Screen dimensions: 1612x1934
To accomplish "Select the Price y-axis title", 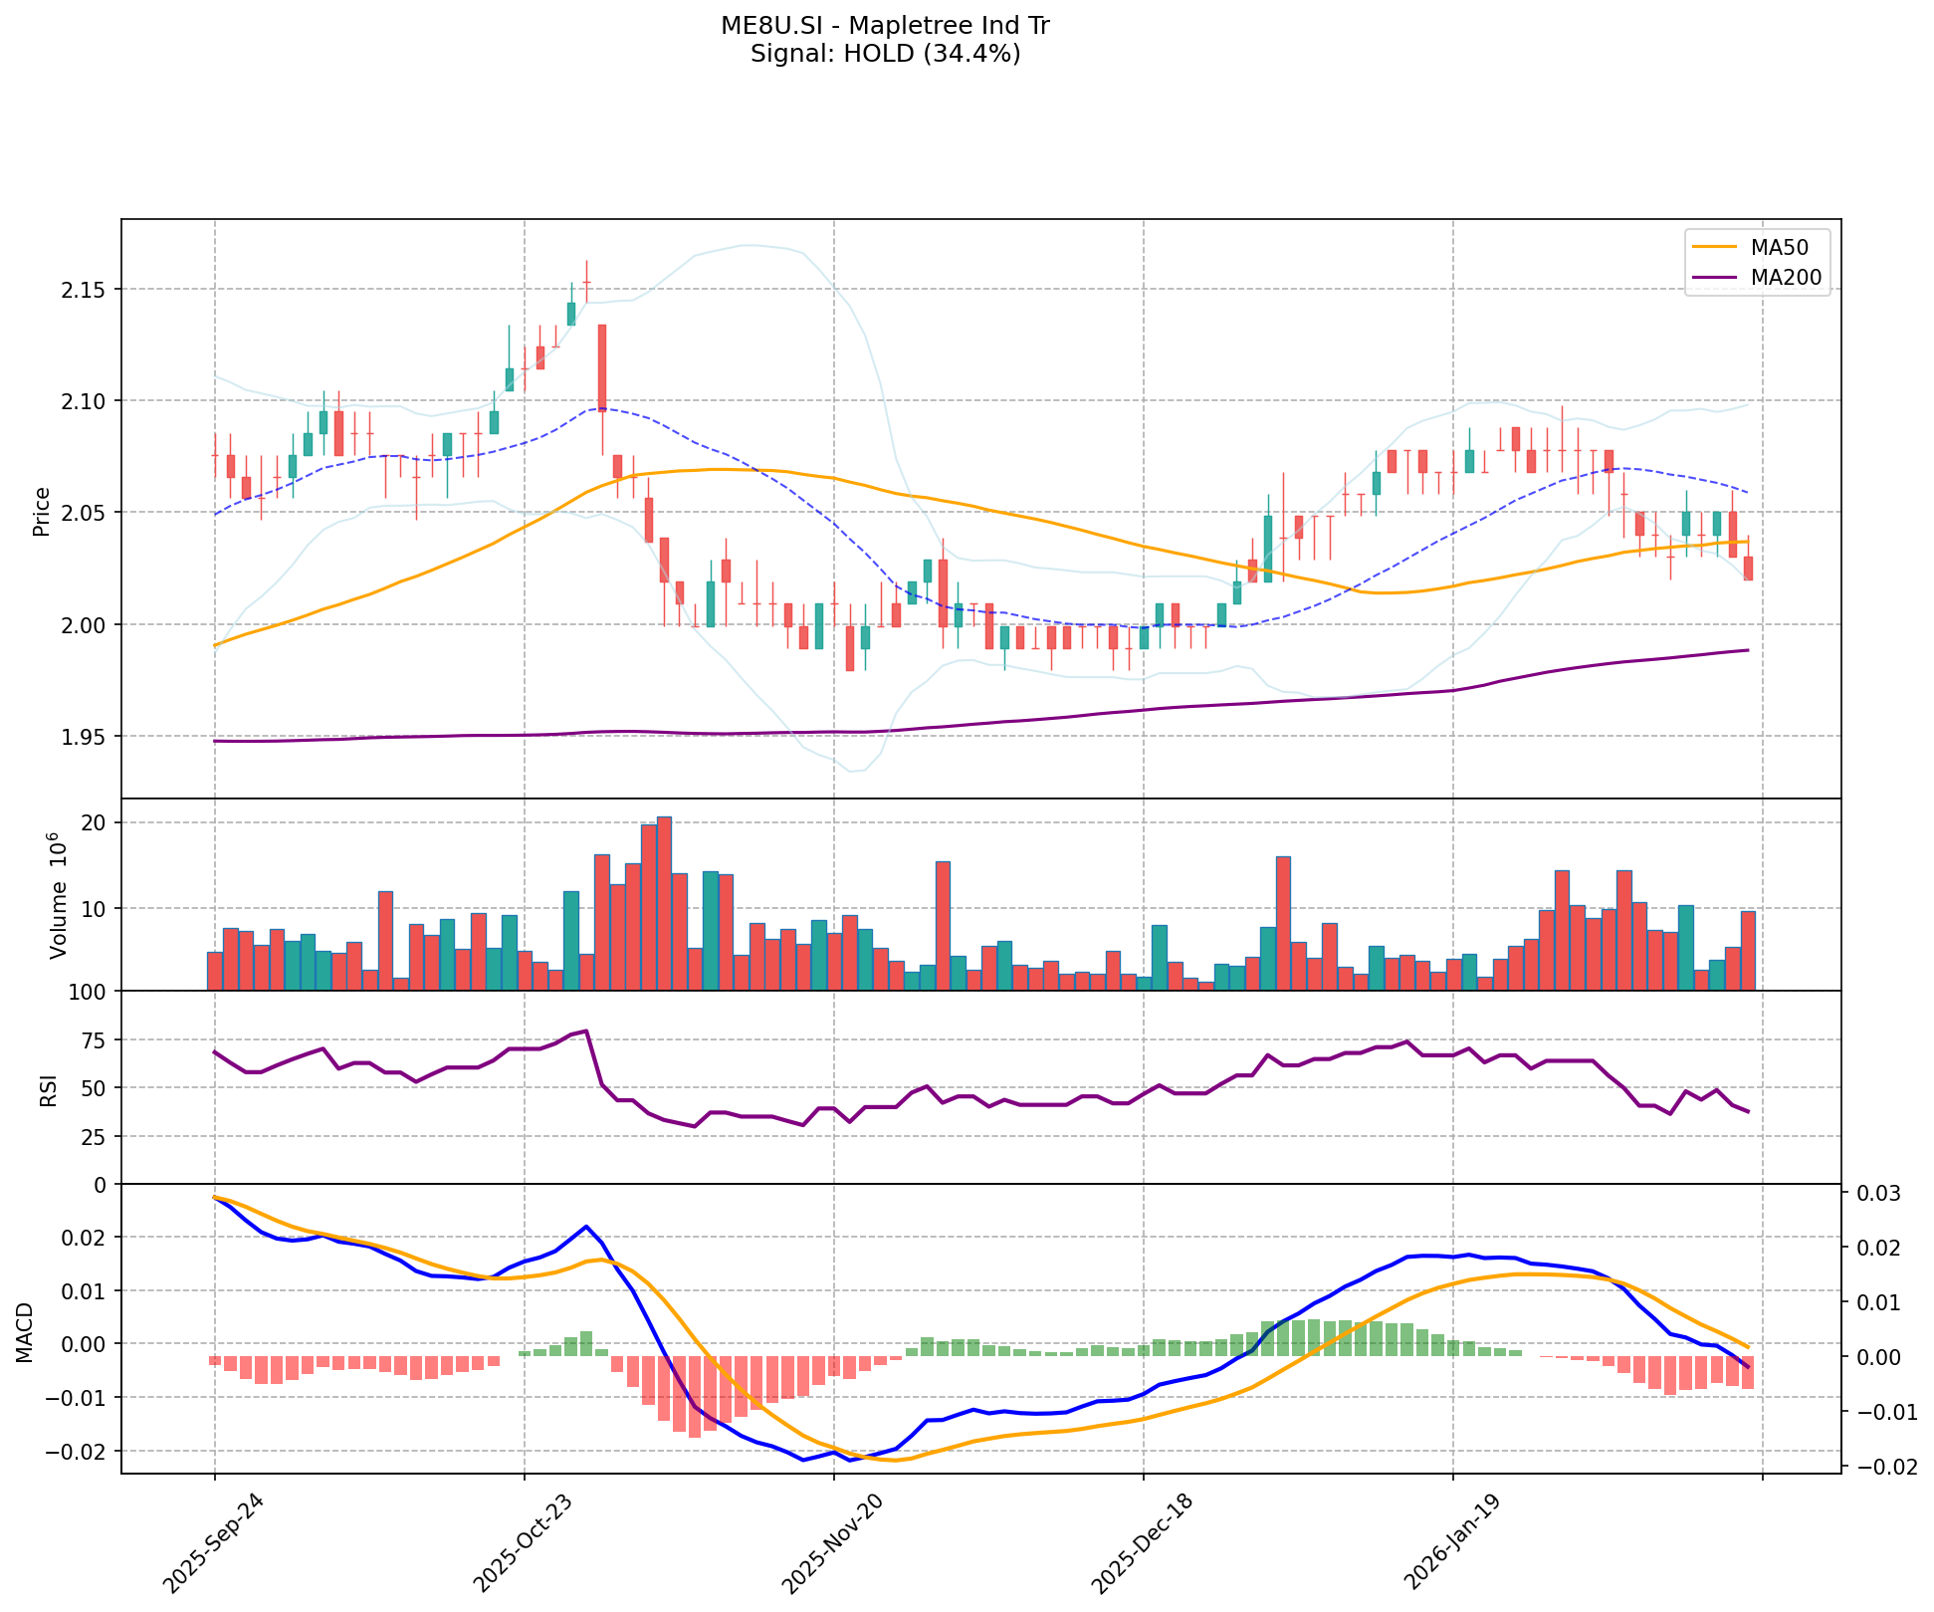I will [42, 511].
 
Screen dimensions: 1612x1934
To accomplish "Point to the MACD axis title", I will [26, 1332].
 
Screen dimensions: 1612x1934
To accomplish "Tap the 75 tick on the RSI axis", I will [94, 1040].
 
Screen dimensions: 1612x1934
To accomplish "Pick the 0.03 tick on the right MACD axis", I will [1871, 1194].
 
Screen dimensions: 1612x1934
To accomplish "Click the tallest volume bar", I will [664, 903].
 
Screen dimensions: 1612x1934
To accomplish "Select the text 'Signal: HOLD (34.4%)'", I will [885, 54].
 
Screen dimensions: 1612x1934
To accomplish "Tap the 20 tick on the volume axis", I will [97, 822].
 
